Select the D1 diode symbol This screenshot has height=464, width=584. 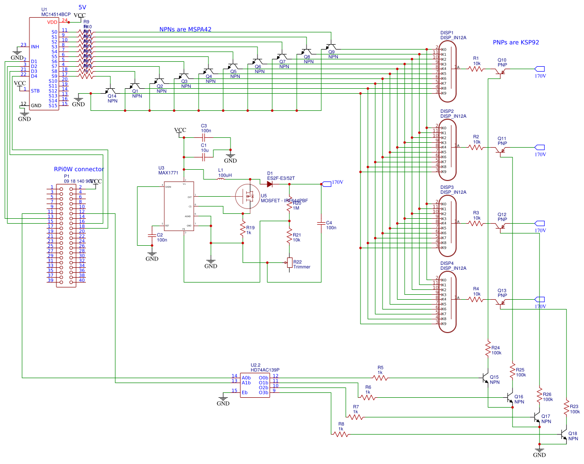269,184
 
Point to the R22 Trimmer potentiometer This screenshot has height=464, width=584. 289,263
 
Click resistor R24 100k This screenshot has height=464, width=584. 488,350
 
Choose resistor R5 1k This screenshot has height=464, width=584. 380,378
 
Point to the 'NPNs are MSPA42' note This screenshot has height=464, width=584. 185,29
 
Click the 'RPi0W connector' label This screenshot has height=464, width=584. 78,169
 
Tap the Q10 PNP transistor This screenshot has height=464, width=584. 501,71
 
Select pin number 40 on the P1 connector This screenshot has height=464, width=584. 82,280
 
